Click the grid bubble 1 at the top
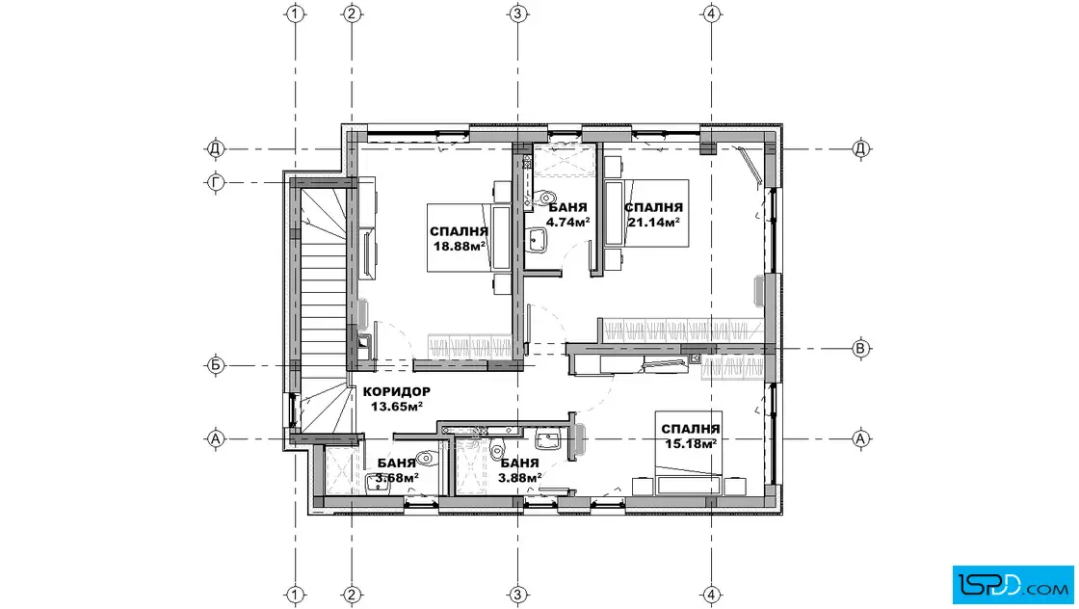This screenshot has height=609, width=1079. pos(295,13)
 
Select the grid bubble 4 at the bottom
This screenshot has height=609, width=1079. pos(712,595)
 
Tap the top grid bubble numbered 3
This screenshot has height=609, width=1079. pos(517,13)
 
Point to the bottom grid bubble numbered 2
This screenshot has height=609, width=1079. pos(352,595)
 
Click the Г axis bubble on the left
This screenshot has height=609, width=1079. pos(216,182)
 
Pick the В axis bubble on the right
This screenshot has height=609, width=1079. pos(860,349)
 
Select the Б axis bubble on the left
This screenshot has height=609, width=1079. pos(216,365)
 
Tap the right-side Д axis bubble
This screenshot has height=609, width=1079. pos(860,148)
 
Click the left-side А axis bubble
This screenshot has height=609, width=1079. pos(216,438)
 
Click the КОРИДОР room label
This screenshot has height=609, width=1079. pos(396,391)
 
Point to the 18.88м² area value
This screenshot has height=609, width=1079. pos(460,246)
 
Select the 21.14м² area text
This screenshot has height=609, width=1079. pos(654,222)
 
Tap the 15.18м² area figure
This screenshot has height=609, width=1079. pos(691,443)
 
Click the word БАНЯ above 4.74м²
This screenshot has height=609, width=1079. pos(567,207)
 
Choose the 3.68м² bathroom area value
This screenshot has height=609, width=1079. pos(397,477)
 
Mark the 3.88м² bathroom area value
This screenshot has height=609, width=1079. pos(519,476)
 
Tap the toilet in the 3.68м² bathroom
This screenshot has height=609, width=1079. pos(426,457)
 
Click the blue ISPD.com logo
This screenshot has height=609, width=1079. pos(1013,585)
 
